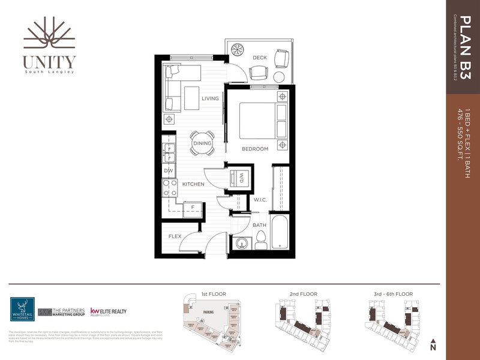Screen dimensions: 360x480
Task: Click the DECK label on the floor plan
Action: (x=259, y=58)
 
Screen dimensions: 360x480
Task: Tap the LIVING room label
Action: (x=210, y=99)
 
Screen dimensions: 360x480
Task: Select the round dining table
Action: (x=202, y=143)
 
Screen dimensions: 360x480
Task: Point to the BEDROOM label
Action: (x=255, y=149)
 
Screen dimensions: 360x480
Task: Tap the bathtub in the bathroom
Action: (x=280, y=235)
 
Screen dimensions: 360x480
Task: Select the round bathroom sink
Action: (x=241, y=244)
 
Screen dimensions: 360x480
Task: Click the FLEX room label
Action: (x=175, y=236)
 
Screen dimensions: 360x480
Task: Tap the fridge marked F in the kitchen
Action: (x=193, y=207)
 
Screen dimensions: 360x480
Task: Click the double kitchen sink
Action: (x=169, y=152)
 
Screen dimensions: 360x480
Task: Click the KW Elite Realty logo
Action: (x=109, y=312)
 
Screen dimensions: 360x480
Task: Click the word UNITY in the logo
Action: (x=49, y=62)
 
